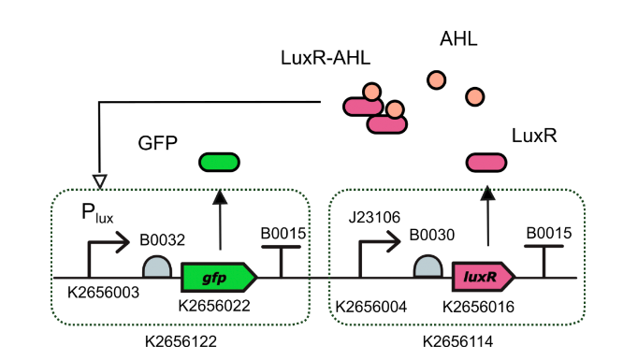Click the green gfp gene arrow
click(x=218, y=278)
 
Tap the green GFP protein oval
click(x=220, y=163)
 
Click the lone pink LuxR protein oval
click(x=486, y=164)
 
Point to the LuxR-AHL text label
click(x=325, y=59)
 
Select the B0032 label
click(x=160, y=238)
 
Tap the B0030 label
click(x=429, y=238)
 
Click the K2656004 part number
click(x=371, y=305)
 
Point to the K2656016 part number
click(x=480, y=305)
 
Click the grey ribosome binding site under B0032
click(x=155, y=267)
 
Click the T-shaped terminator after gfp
click(x=281, y=261)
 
